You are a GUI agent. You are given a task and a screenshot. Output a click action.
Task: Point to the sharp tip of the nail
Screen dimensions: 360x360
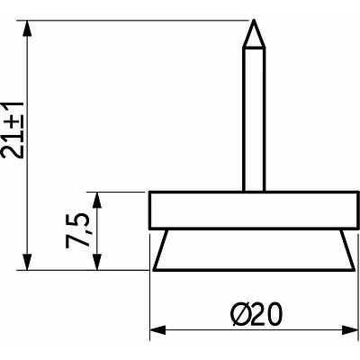click(x=255, y=22)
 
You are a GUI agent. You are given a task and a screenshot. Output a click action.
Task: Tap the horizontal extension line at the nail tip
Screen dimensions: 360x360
click(x=135, y=19)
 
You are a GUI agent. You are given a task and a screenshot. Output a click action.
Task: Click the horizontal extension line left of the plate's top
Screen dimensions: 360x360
click(x=121, y=192)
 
